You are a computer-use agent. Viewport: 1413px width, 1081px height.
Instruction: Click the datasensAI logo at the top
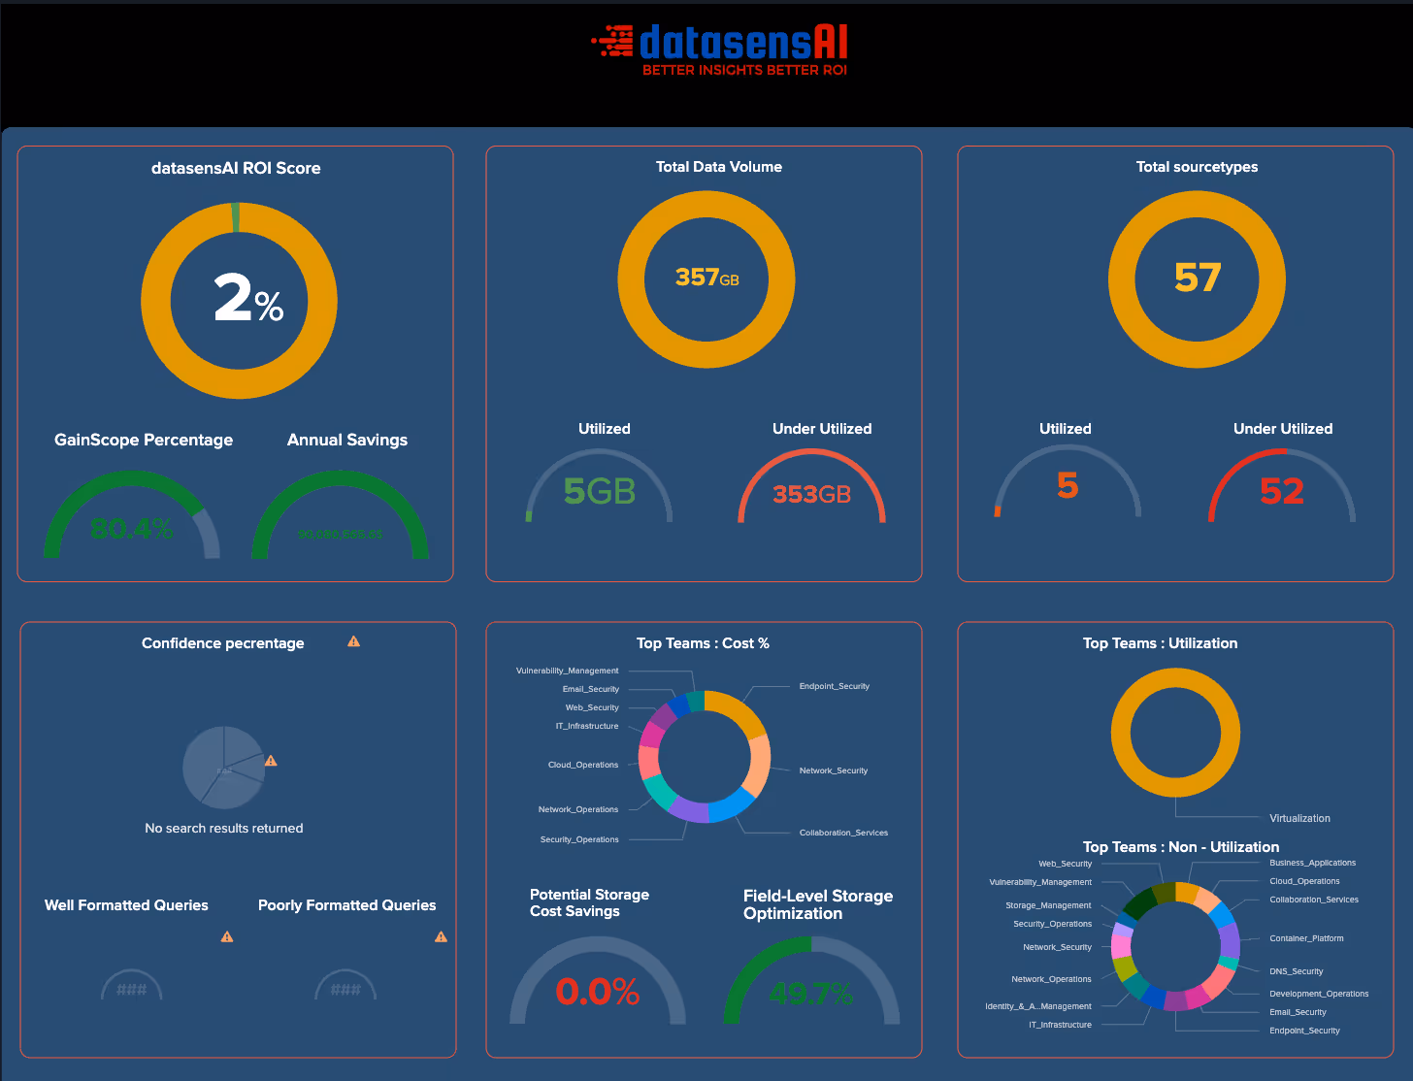tap(720, 49)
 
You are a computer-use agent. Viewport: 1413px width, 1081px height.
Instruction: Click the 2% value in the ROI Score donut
tap(247, 299)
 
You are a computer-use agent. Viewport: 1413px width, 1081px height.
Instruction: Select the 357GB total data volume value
tap(706, 278)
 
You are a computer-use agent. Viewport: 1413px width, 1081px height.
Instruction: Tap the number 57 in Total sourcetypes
tap(1197, 278)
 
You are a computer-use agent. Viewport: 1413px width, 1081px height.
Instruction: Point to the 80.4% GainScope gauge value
tap(131, 529)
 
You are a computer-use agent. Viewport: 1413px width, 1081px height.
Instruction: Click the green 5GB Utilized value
tap(599, 492)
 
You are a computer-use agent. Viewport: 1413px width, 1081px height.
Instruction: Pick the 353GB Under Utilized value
tap(811, 494)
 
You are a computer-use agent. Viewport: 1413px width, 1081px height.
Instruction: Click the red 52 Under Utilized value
tap(1281, 491)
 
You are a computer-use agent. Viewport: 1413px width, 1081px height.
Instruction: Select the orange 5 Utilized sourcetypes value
tap(1067, 485)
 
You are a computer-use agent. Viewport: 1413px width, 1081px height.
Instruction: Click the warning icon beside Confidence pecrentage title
tap(354, 641)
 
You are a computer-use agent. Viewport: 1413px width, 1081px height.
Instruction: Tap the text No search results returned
tap(224, 828)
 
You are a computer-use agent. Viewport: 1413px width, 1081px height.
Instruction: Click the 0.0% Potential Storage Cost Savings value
tap(597, 992)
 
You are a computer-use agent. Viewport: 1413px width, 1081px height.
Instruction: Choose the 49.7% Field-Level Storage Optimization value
tap(810, 993)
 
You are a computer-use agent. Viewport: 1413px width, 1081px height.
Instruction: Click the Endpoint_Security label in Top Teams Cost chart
tap(834, 686)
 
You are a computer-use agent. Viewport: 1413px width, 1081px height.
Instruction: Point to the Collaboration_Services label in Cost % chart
tap(843, 833)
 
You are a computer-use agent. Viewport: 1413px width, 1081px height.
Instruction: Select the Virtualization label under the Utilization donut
tap(1299, 818)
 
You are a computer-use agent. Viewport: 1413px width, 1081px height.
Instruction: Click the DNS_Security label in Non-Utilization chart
tap(1296, 971)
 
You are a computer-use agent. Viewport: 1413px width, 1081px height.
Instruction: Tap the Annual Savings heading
tap(346, 440)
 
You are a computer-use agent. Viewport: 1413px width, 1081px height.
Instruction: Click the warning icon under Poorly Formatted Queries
tap(442, 936)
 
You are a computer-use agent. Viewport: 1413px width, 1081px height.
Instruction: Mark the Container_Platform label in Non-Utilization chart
tap(1306, 938)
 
